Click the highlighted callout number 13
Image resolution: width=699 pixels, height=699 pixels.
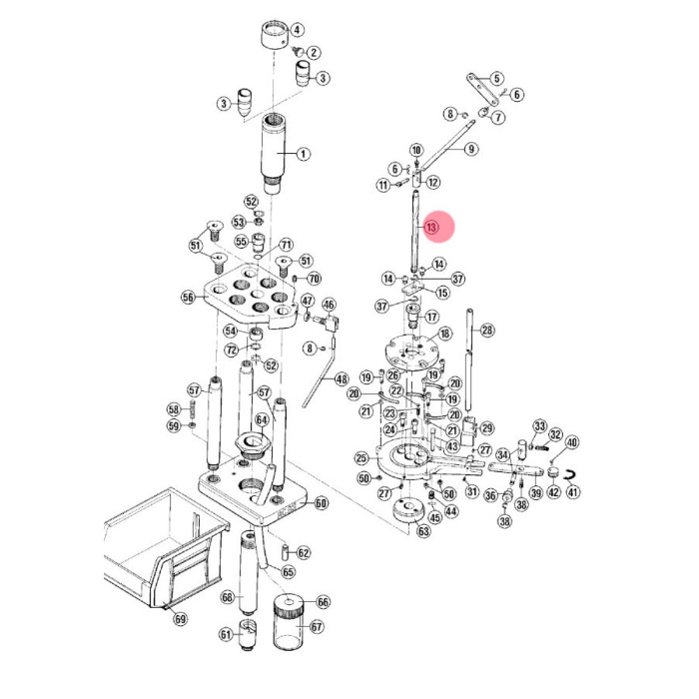click(430, 228)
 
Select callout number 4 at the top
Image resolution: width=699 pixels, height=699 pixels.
click(297, 30)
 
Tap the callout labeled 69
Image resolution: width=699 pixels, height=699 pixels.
click(180, 619)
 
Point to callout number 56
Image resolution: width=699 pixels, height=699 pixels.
click(188, 297)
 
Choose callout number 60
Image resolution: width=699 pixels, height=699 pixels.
click(321, 503)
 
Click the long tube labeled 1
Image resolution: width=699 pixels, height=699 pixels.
click(273, 153)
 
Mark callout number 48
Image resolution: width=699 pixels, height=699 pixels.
click(342, 379)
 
